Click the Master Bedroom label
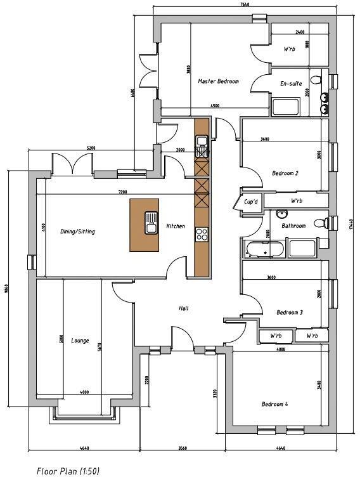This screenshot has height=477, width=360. (x=218, y=82)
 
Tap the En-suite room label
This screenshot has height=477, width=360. (x=291, y=84)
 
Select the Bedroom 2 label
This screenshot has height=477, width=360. (x=285, y=173)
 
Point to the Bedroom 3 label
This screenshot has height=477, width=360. (x=290, y=312)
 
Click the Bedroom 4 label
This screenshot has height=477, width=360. (x=275, y=404)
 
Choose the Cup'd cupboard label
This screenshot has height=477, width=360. (x=251, y=202)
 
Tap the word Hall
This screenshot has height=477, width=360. (x=184, y=308)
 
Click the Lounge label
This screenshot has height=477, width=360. (x=80, y=340)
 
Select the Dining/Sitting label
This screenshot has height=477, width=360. (x=77, y=232)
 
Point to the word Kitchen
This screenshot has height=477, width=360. (x=176, y=226)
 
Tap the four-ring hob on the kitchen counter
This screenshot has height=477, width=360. (x=202, y=234)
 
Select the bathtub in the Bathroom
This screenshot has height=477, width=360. (x=262, y=248)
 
